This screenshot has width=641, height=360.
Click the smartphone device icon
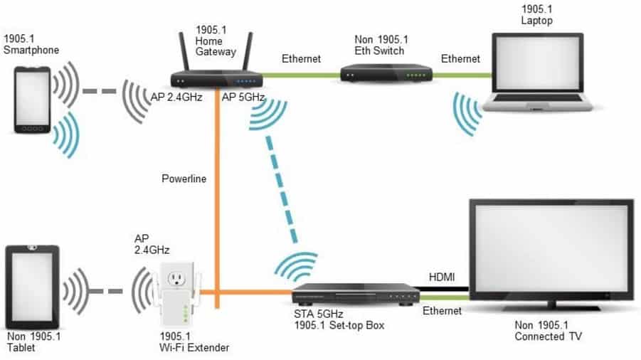[32, 100]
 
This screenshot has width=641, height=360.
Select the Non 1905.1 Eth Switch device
[386, 73]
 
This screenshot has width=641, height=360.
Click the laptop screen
[537, 63]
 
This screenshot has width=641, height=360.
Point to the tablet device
[32, 287]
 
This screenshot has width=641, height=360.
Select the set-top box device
[356, 295]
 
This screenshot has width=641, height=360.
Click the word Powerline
[184, 179]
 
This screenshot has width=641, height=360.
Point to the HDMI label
[442, 277]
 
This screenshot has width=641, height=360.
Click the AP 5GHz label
[243, 97]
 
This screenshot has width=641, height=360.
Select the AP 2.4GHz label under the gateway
[176, 97]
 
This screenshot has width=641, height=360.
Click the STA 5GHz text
[319, 314]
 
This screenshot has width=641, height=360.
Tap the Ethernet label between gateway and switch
[301, 59]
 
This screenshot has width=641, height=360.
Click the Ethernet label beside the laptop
[460, 59]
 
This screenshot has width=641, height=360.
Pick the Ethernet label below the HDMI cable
[442, 311]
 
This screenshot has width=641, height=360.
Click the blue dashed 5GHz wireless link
[281, 189]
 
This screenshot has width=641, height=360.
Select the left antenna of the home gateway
[184, 52]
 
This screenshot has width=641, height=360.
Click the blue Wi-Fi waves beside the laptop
[467, 114]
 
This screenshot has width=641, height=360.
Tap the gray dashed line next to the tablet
[106, 292]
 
